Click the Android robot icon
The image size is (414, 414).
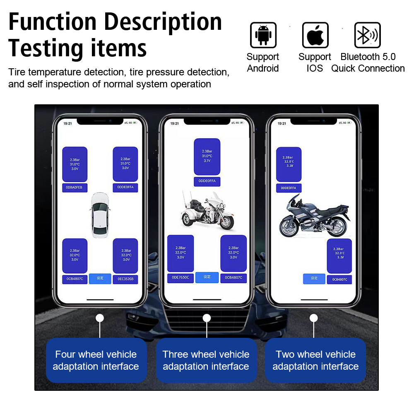(263, 35)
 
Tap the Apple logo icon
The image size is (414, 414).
(315, 35)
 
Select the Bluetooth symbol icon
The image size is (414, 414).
(367, 35)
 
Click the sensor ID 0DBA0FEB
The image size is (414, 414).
(75, 188)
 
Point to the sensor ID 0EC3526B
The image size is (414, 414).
(125, 279)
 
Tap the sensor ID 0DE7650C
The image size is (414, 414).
(181, 278)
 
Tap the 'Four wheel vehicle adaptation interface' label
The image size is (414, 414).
(96, 360)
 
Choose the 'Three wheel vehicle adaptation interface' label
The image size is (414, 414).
(206, 360)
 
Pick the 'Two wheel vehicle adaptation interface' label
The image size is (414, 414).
(315, 360)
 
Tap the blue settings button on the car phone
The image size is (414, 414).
(100, 278)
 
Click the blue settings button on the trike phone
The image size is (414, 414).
(207, 277)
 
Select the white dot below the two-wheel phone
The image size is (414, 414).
(314, 318)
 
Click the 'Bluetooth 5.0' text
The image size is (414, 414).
(368, 57)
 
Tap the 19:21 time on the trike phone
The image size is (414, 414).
(175, 123)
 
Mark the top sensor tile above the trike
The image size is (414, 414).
(207, 156)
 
